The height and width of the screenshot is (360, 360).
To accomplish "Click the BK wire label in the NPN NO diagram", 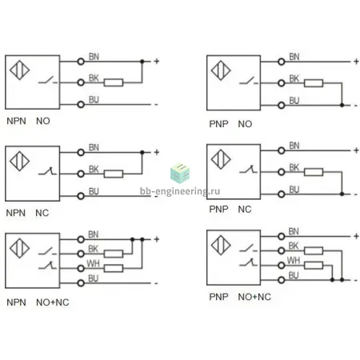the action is (94, 78).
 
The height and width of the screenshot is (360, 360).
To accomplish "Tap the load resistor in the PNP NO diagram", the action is (314, 83).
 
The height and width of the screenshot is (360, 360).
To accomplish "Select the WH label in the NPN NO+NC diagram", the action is (93, 264).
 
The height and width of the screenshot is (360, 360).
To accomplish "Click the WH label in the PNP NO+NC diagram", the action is (294, 260).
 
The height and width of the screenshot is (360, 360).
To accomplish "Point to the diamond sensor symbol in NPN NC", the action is (19, 161).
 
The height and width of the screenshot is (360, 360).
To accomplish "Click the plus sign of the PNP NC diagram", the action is (356, 150).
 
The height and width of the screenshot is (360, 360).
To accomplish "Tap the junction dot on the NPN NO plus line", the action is (142, 62).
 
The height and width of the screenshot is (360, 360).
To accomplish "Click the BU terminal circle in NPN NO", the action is (81, 105).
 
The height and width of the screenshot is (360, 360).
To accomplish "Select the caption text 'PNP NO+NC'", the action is (240, 297).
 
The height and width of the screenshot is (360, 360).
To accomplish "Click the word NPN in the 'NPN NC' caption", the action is (16, 213).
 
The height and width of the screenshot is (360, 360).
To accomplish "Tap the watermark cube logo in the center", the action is (180, 174).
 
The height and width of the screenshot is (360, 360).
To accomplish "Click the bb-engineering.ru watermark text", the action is (180, 191).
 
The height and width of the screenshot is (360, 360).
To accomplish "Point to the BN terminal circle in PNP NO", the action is (282, 62).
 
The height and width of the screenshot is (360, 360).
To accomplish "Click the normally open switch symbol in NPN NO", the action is (48, 80).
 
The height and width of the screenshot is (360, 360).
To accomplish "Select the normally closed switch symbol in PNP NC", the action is (248, 170).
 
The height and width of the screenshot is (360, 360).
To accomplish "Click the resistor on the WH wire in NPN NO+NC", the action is (114, 268).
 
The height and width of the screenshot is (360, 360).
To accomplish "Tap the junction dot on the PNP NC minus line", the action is (342, 194).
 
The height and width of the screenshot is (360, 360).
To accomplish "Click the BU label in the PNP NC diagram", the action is (294, 190).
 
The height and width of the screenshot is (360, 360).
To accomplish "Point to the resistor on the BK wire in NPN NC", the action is (114, 174).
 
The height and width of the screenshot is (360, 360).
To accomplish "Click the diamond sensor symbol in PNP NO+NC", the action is (221, 245).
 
